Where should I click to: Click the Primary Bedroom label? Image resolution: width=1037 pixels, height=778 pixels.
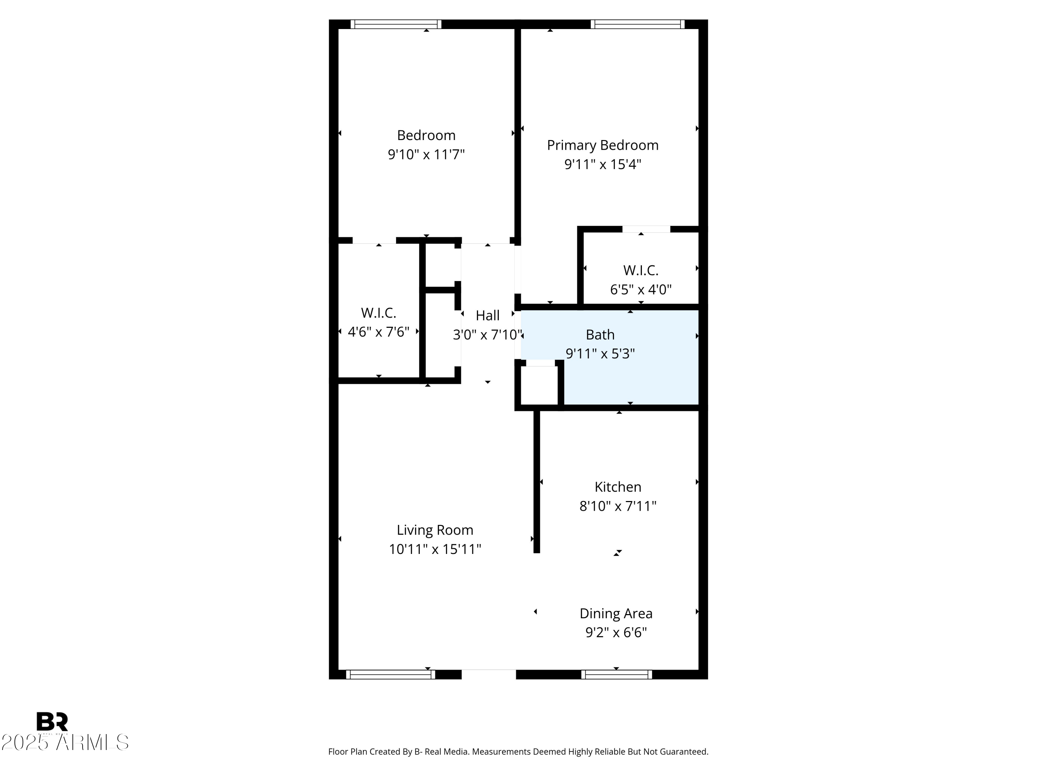coord(602,145)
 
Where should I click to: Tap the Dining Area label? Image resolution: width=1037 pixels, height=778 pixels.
coord(616,613)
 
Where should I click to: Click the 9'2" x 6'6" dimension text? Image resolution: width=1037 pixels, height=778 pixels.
coord(616,633)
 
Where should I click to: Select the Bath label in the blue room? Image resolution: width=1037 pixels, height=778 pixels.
coord(600,335)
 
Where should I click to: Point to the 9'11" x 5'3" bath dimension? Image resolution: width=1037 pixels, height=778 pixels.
coord(600,354)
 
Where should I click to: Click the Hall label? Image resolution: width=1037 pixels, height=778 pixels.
coord(487,316)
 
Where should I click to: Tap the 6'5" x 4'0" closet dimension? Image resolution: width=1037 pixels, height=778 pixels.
coord(641,289)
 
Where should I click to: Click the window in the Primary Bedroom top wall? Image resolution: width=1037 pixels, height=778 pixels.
coord(637,25)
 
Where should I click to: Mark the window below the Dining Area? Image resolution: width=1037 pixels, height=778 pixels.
coord(616,674)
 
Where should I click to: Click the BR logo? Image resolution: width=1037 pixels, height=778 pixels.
coord(52,721)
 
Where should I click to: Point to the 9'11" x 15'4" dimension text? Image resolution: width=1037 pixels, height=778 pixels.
coord(602,165)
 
